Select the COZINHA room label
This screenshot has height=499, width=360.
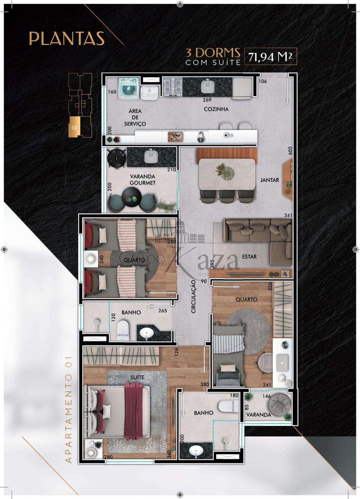216,109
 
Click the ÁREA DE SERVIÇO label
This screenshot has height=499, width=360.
135,117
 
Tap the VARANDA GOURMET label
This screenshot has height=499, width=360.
143,180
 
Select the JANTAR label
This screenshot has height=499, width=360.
270,180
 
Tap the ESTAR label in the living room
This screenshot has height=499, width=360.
249,257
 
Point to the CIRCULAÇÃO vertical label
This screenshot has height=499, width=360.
193,297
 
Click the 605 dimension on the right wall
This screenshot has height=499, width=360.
290,150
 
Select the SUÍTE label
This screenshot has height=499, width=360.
137,377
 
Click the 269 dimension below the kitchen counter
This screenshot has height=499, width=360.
207,100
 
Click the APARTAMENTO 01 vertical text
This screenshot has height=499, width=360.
68,409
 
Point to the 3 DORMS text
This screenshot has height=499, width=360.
213,53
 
